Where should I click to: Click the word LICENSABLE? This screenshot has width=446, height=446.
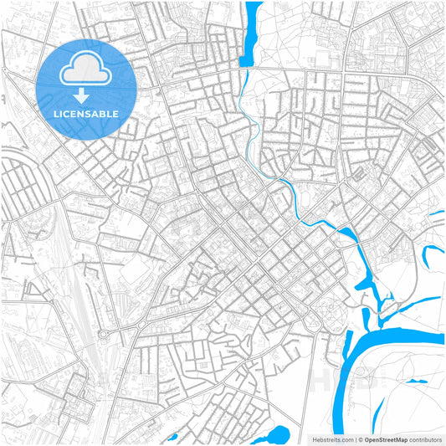(86, 113)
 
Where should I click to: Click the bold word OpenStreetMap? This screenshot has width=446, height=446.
(386, 438)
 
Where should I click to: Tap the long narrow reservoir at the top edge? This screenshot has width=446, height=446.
(250, 33)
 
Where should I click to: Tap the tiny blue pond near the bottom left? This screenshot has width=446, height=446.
(172, 437)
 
